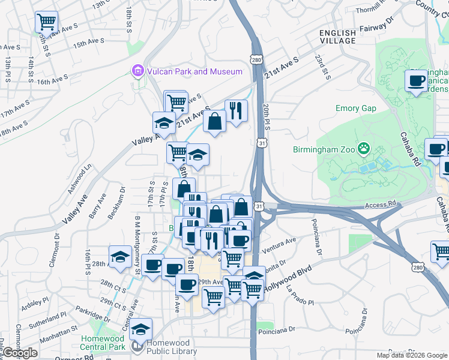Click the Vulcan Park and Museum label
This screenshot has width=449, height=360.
coord(194,71)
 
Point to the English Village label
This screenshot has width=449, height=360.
coord(337,36)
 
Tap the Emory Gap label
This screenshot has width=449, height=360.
coord(355,109)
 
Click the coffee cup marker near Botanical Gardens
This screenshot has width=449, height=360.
coord(416,81)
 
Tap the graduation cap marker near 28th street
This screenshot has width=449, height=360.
coord(120,257)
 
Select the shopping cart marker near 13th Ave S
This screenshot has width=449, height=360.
coord(46,22)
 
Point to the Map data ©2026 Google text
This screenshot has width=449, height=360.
coord(412,355)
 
